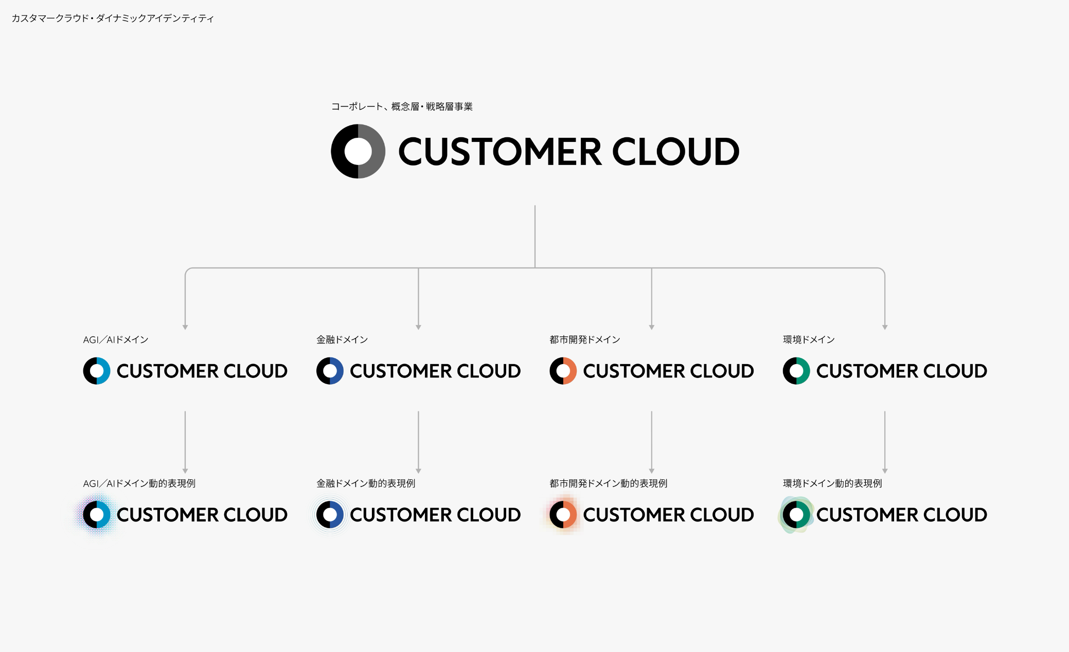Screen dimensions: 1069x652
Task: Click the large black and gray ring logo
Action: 358,151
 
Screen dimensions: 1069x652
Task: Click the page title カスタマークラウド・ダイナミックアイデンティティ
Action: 112,19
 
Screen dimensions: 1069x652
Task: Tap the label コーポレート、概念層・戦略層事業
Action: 402,106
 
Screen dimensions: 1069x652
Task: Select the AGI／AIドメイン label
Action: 116,339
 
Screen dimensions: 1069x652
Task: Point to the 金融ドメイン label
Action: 342,339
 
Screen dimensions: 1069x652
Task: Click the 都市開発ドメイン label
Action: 584,339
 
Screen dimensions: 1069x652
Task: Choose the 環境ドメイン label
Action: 809,339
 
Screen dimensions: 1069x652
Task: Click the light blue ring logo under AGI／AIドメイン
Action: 97,371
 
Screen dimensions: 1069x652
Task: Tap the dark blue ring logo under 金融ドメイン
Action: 330,371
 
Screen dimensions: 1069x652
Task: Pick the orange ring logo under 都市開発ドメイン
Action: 563,371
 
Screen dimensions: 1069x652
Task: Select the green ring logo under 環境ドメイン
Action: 796,371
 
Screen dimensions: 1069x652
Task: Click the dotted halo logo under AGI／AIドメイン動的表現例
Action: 97,514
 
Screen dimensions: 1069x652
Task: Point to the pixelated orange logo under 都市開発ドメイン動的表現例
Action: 563,514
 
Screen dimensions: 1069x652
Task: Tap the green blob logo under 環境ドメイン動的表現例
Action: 796,514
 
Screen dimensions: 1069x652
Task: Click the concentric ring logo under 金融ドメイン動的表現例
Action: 330,514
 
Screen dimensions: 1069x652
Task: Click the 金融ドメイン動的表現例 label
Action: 366,483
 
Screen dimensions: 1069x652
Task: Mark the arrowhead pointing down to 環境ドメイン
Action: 885,327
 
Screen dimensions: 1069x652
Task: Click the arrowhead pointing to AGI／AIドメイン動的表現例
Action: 185,470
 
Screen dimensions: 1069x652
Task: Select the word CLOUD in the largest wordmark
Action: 675,152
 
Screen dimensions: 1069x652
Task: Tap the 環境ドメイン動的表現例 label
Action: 832,483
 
